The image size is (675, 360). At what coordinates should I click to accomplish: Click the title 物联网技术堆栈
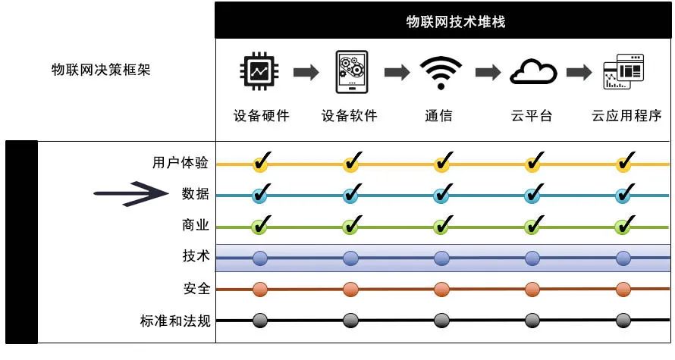click(444, 22)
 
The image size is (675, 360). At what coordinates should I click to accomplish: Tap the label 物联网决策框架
click(101, 70)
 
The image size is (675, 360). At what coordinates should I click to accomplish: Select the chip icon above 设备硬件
click(260, 72)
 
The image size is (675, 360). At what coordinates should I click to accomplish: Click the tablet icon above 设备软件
click(351, 72)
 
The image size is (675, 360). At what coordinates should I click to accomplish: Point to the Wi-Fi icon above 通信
click(441, 72)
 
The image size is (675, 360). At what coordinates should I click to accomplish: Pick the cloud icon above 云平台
click(532, 72)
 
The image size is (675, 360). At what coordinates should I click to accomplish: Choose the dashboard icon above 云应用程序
click(623, 72)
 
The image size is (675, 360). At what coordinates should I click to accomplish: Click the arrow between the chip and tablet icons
click(306, 72)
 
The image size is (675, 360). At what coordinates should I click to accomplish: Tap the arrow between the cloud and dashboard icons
click(579, 72)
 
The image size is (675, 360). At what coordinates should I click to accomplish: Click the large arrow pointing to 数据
click(133, 194)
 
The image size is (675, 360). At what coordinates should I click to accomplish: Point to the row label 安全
click(196, 290)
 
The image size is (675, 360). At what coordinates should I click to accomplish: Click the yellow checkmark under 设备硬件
click(261, 163)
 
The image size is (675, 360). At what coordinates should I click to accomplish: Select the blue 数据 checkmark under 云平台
click(533, 195)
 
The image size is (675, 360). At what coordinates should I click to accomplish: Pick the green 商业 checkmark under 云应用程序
click(624, 226)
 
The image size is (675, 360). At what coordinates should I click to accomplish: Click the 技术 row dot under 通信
click(441, 258)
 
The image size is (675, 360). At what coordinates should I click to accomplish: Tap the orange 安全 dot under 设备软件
click(350, 290)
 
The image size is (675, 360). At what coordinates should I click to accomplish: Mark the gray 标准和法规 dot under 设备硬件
click(260, 321)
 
